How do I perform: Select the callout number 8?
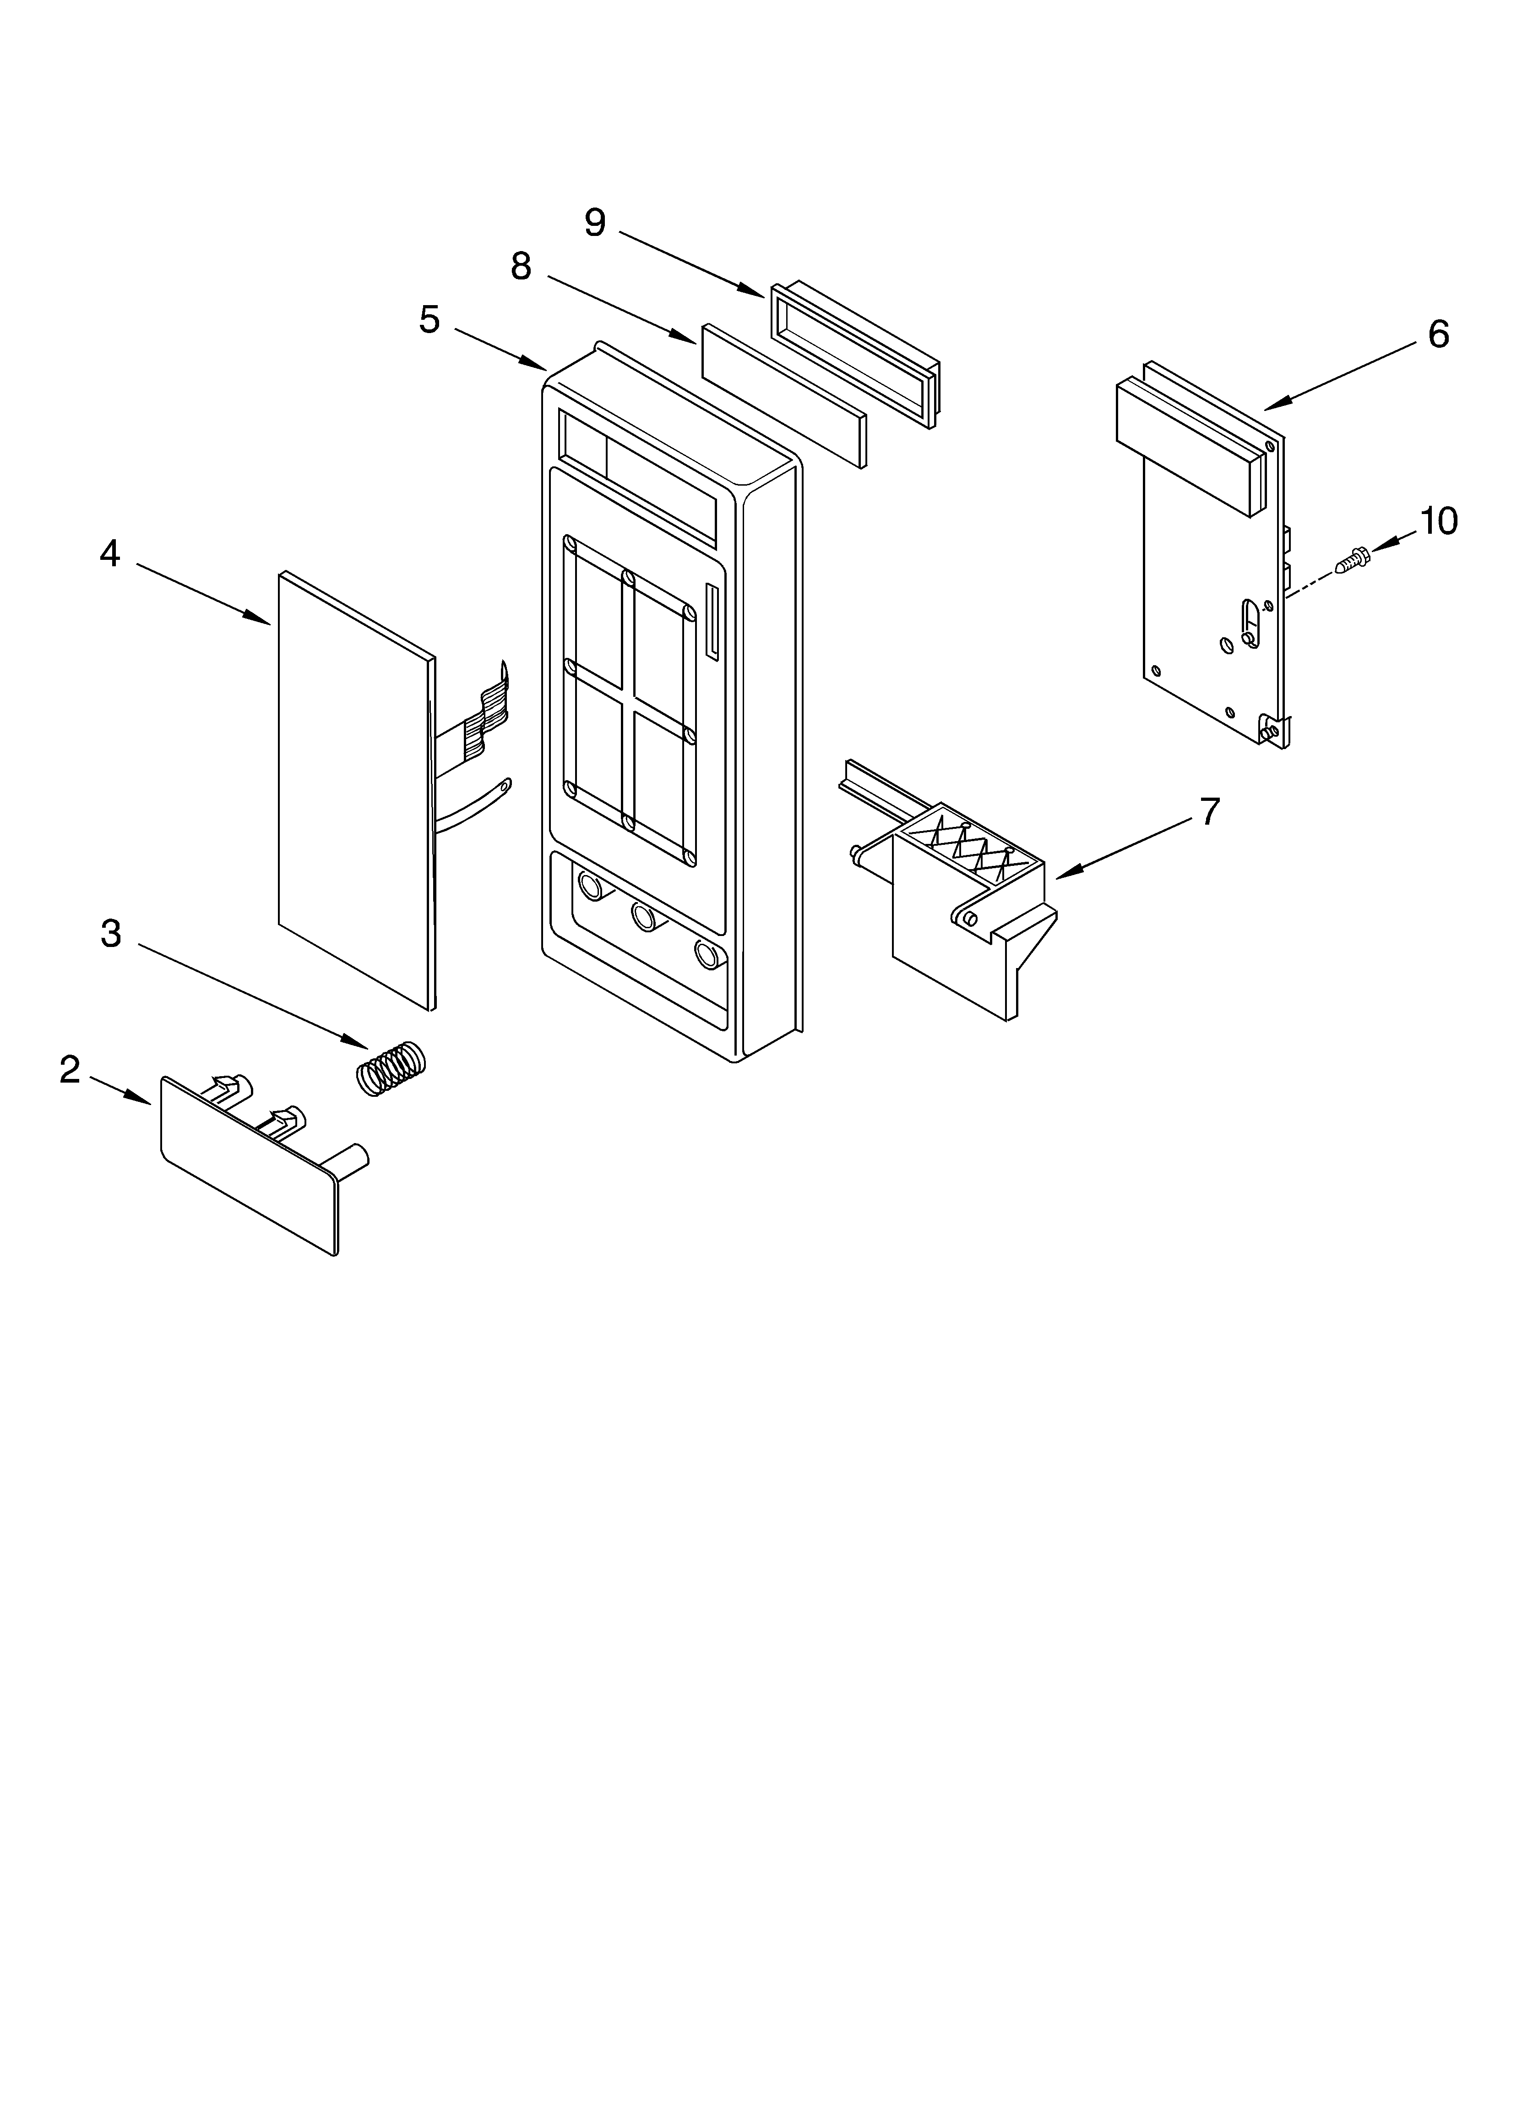tap(521, 267)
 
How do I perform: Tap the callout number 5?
tap(429, 320)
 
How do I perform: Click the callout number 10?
tap(1438, 521)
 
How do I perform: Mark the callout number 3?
tap(110, 933)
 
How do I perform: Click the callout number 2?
tap(70, 1069)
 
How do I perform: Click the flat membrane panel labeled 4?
tap(355, 789)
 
